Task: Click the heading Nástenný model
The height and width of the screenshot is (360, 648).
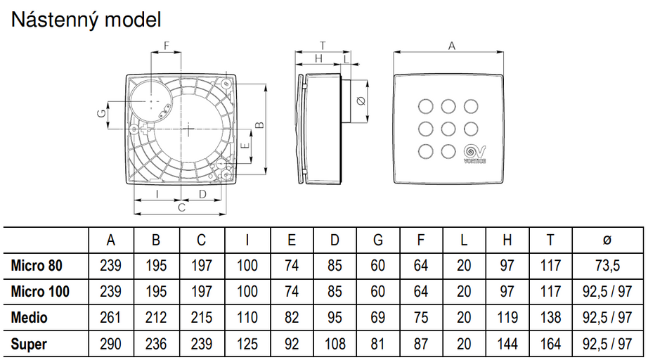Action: (x=86, y=20)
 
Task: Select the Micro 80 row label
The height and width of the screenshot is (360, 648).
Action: (x=37, y=266)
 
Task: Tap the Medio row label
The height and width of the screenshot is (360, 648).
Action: (x=30, y=318)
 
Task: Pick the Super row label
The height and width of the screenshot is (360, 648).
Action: (x=30, y=344)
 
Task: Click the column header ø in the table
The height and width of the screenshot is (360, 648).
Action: (x=607, y=240)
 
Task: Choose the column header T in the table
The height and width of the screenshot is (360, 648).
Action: (x=550, y=240)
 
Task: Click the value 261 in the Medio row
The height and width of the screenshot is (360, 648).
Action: (x=110, y=318)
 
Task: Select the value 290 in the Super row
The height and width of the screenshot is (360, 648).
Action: (x=110, y=344)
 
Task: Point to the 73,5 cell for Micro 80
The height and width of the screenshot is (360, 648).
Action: (x=607, y=266)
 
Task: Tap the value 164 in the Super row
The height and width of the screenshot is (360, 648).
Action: (x=550, y=344)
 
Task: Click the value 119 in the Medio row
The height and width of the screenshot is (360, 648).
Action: (x=507, y=318)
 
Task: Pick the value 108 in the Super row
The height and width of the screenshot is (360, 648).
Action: (x=335, y=344)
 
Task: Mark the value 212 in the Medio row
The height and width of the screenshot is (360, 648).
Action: (x=155, y=318)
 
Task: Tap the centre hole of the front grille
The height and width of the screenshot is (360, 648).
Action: (x=448, y=129)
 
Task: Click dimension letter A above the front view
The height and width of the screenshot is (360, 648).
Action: (x=452, y=46)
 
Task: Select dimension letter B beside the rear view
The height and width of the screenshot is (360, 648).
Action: (x=259, y=125)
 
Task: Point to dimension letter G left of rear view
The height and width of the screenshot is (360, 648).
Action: (x=101, y=112)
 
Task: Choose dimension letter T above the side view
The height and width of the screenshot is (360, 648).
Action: (x=323, y=46)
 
